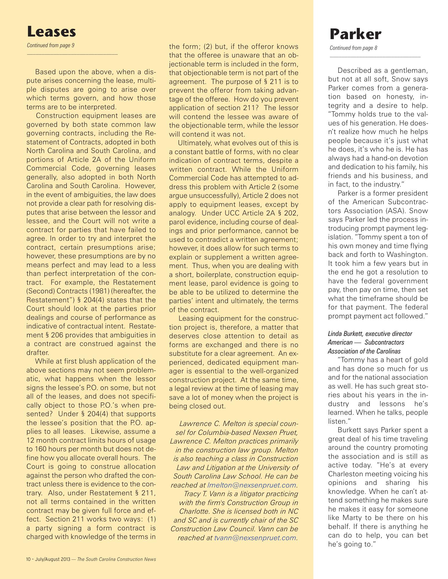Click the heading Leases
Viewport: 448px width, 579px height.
pos(51,32)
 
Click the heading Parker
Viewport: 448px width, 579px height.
pos(355,34)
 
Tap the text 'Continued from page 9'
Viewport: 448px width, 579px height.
pos(51,45)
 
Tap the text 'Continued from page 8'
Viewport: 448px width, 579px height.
pos(353,48)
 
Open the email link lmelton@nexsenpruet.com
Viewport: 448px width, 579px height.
pos(252,485)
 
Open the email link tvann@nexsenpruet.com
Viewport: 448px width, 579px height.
pos(255,538)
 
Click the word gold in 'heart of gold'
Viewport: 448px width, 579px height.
pos(420,360)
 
